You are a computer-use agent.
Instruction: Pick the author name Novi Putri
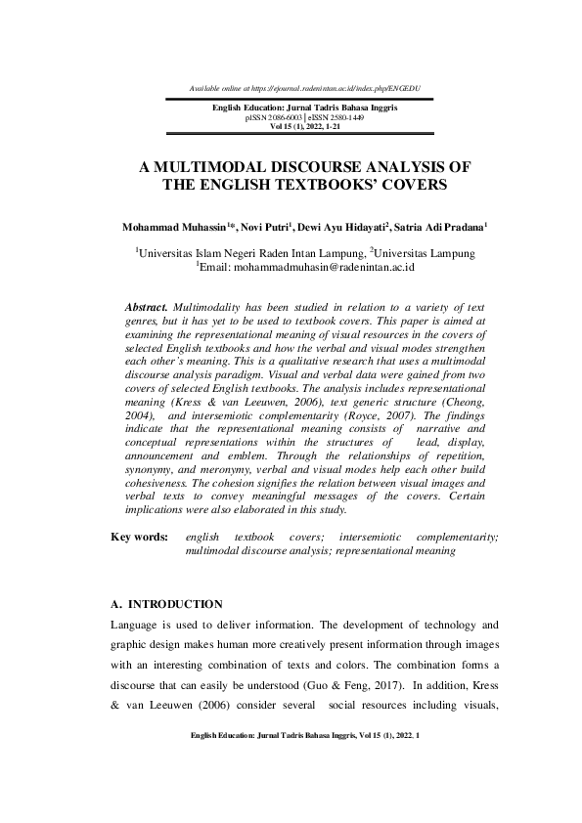pyautogui.click(x=268, y=226)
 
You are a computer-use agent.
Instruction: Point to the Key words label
pyautogui.click(x=140, y=537)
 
